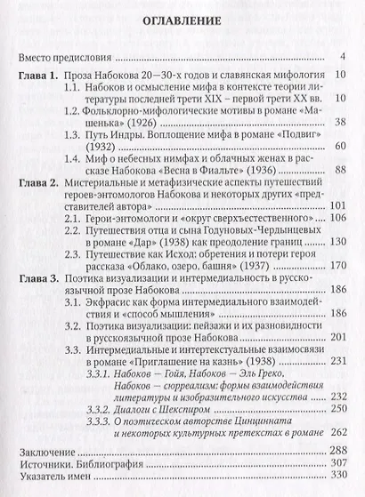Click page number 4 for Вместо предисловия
[x=343, y=59]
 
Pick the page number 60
[x=340, y=148]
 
